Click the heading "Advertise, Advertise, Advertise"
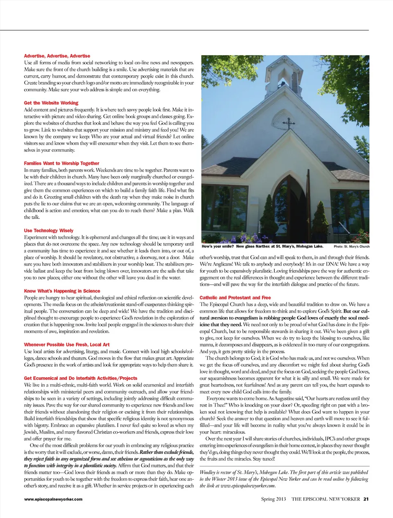[57, 56]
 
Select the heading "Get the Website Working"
[51, 103]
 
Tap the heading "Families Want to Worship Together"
[61, 163]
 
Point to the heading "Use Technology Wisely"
[49, 230]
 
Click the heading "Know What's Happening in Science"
[62, 291]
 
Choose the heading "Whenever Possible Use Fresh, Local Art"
[67, 345]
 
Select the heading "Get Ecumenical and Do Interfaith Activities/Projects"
[81, 378]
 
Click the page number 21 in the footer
[366, 499]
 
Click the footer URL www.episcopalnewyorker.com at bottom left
[53, 499]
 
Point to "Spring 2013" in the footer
[273, 499]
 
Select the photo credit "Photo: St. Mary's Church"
[351, 246]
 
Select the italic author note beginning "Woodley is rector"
[284, 479]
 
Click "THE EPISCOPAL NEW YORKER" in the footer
[325, 499]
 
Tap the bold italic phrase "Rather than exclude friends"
[167, 452]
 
